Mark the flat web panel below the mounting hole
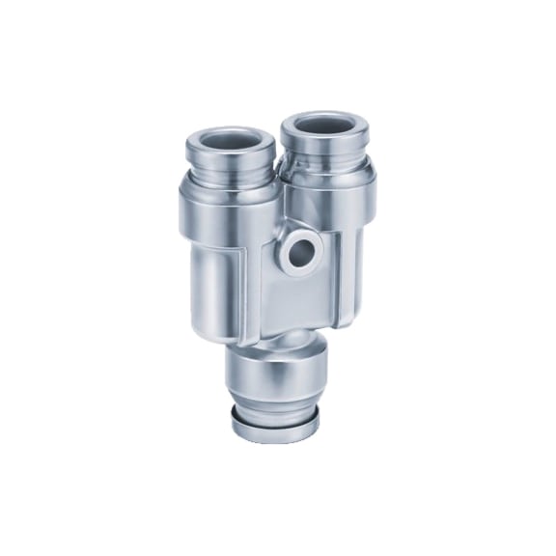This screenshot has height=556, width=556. point(290,299)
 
